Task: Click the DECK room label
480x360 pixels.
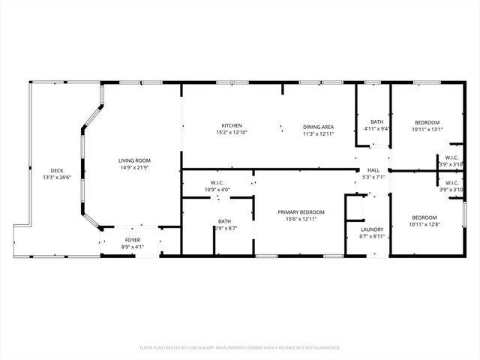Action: coord(57,170)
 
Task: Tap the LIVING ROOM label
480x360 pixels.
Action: coord(134,160)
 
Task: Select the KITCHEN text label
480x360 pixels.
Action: coord(231,125)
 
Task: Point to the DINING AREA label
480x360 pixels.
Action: coord(318,126)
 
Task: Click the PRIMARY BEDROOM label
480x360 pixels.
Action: coord(301,212)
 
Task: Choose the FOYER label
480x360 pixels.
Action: coord(132,241)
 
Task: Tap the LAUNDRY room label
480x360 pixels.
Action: coord(372,229)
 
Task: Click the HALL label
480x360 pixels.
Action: coord(373,171)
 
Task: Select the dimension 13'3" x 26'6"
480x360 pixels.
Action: coord(57,177)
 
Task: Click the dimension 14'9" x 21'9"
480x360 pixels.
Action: coord(134,166)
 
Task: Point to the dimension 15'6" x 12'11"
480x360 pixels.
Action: coord(301,219)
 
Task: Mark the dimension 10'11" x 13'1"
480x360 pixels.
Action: coord(427,129)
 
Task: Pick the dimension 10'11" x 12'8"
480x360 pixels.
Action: coord(424,224)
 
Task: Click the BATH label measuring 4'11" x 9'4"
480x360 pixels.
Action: coord(376,121)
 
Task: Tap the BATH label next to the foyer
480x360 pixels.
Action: coord(225,221)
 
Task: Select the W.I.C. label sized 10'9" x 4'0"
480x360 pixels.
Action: coord(218,183)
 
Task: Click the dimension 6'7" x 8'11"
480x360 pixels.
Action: coord(372,236)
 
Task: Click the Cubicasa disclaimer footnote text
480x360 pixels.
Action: coord(240,347)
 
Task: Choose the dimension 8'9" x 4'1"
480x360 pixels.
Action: coord(132,247)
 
